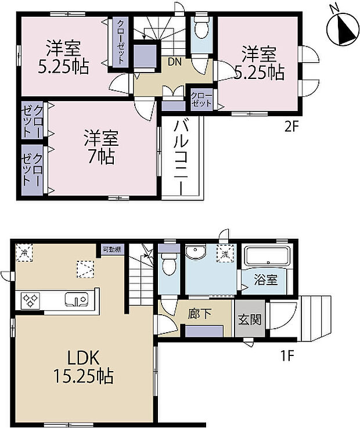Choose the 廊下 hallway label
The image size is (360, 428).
coord(200,314)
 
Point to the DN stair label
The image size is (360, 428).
coord(174,60)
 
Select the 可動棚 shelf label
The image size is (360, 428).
coord(111,249)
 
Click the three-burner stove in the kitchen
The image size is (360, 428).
coord(31,300)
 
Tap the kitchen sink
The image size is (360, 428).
coord(77,300)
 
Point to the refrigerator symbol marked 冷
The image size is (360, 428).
coord(24,253)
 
